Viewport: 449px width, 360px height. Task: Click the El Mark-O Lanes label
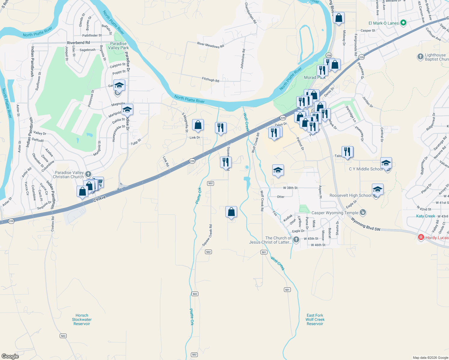[384, 23]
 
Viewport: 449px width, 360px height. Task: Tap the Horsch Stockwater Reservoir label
[82, 319]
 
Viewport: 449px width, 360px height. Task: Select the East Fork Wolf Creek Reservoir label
[315, 319]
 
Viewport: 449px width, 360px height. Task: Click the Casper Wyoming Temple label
[335, 213]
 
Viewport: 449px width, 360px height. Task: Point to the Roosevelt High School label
[350, 195]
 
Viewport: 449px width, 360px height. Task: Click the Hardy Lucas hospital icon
[421, 238]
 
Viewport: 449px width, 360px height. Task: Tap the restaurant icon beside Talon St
[347, 151]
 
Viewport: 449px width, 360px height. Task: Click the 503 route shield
[63, 336]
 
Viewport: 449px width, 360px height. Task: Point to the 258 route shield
[329, 55]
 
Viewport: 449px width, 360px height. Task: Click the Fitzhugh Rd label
[210, 80]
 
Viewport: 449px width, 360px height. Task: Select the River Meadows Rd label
[210, 45]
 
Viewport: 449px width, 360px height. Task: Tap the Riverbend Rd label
[78, 43]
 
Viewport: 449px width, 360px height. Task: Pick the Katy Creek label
[425, 216]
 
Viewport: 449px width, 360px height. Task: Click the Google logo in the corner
[10, 356]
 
